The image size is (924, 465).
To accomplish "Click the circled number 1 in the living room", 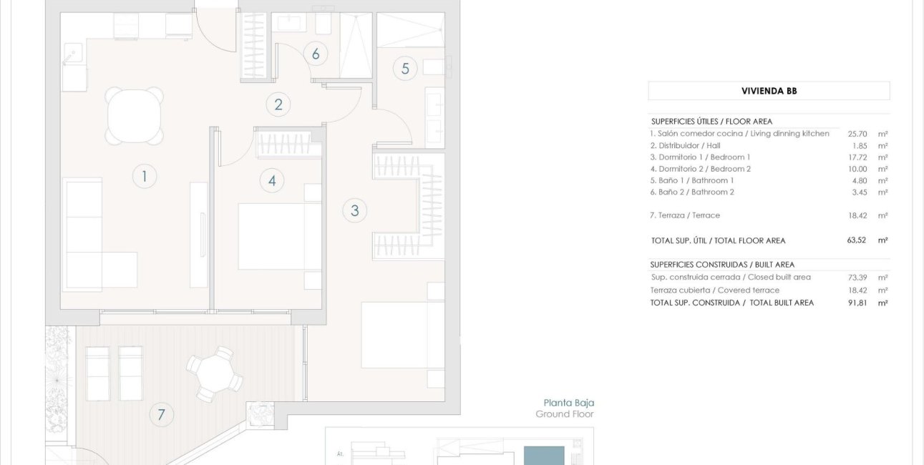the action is click(x=145, y=177).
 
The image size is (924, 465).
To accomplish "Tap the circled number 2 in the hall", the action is click(x=278, y=104).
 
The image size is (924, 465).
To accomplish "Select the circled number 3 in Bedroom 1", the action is click(x=355, y=210).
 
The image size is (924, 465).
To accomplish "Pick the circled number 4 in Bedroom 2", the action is click(x=272, y=180).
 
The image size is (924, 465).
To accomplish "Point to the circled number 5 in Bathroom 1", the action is click(x=405, y=69).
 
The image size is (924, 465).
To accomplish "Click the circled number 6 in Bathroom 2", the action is click(x=316, y=54).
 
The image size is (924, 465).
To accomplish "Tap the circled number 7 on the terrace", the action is click(x=161, y=414).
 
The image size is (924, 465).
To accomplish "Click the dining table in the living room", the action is click(x=134, y=116).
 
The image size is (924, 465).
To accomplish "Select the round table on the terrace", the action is click(x=215, y=374).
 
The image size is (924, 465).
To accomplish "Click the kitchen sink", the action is click(x=73, y=54).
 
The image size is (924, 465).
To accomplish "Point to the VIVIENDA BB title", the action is click(x=769, y=91).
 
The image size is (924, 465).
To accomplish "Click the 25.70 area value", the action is click(x=857, y=134).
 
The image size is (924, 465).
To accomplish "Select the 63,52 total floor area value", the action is click(x=856, y=240).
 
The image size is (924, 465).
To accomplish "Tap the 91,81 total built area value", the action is click(x=857, y=303).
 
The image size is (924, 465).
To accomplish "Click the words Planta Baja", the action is click(x=569, y=403).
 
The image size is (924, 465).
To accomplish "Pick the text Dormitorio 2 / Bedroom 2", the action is click(x=704, y=169).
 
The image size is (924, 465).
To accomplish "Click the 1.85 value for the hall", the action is click(x=860, y=146).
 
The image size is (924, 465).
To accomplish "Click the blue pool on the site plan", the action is click(x=544, y=456).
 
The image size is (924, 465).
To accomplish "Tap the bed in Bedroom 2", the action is click(x=280, y=237).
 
